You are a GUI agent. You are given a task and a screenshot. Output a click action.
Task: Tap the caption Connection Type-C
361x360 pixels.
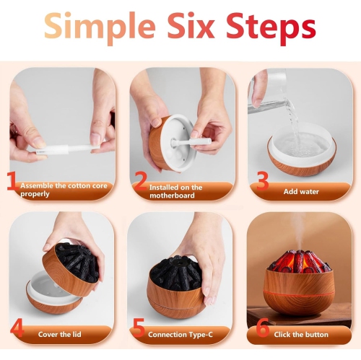pos(180,335)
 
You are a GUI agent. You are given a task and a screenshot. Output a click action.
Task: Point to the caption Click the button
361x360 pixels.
pos(302,335)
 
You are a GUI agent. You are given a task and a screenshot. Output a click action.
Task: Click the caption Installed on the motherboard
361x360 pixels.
pos(175,190)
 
